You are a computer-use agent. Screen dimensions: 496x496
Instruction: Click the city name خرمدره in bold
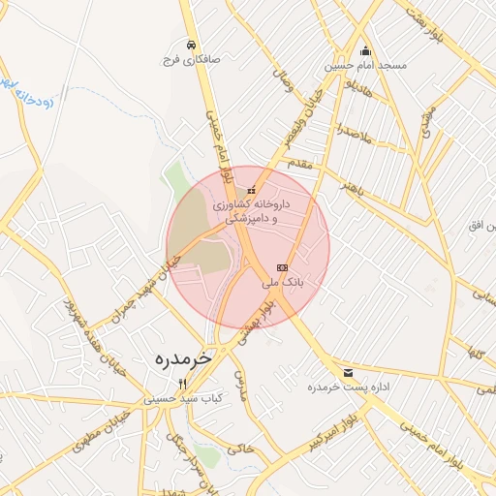click(x=182, y=358)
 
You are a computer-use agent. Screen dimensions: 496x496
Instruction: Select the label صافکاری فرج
click(x=192, y=60)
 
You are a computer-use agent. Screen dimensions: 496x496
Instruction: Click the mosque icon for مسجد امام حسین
click(x=365, y=51)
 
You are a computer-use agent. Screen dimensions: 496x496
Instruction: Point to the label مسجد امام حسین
click(x=367, y=66)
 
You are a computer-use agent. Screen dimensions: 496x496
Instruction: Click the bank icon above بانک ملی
click(x=283, y=267)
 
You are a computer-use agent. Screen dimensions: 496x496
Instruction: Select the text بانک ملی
click(x=283, y=283)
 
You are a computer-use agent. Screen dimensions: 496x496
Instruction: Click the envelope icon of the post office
click(x=348, y=373)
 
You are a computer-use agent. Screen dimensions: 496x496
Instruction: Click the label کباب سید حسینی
click(x=184, y=398)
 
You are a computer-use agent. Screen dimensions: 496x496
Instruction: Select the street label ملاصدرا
click(x=355, y=135)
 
